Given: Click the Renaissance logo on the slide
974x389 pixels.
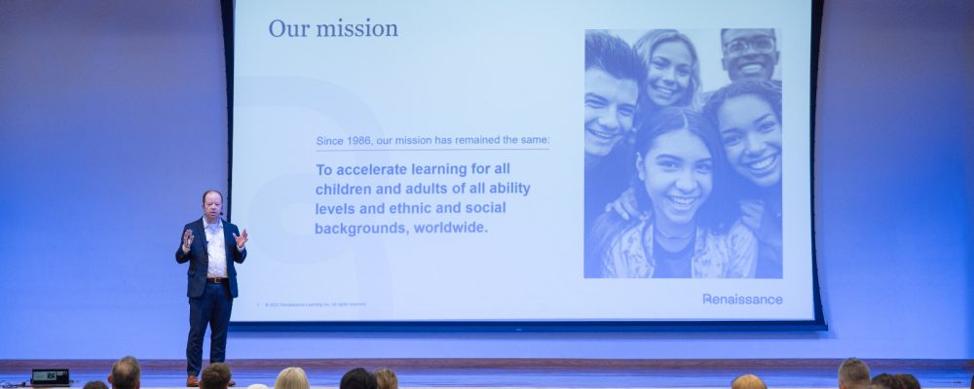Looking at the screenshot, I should (742, 299).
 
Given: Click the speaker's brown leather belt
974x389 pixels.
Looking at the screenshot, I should (216, 280).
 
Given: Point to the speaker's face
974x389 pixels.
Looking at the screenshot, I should (211, 205).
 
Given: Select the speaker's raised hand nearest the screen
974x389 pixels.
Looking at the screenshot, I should (241, 237).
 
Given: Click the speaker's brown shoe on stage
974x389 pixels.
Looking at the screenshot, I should (193, 381).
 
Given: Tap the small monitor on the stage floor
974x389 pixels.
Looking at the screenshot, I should (50, 376).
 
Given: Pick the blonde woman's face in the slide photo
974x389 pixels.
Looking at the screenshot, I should (669, 71).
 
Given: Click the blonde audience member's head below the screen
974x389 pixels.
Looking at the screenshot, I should (291, 378).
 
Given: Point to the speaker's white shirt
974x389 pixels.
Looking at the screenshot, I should (214, 248).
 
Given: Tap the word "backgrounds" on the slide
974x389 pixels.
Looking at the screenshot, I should (359, 228).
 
